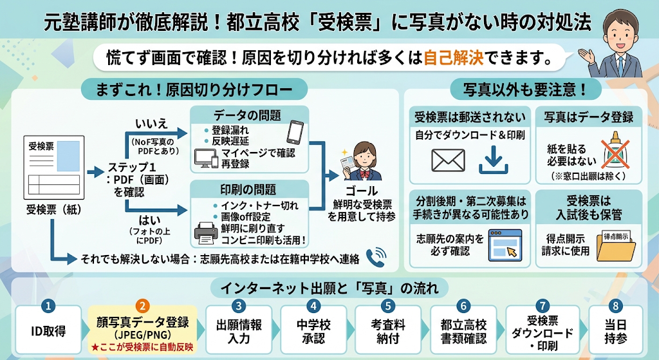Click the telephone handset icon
[376, 257]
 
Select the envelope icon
[448, 160]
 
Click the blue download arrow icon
[493, 160]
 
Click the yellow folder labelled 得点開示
[616, 246]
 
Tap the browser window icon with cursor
[505, 245]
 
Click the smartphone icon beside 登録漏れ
[295, 133]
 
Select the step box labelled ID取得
[48, 330]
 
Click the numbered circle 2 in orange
[143, 306]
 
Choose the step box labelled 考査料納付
[388, 330]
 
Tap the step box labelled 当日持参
[616, 330]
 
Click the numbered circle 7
[542, 306]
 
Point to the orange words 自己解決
[454, 57]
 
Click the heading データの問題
[247, 115]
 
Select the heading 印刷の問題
[248, 189]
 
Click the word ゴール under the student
[362, 191]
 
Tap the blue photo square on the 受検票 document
[68, 156]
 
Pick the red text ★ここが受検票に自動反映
[142, 347]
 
